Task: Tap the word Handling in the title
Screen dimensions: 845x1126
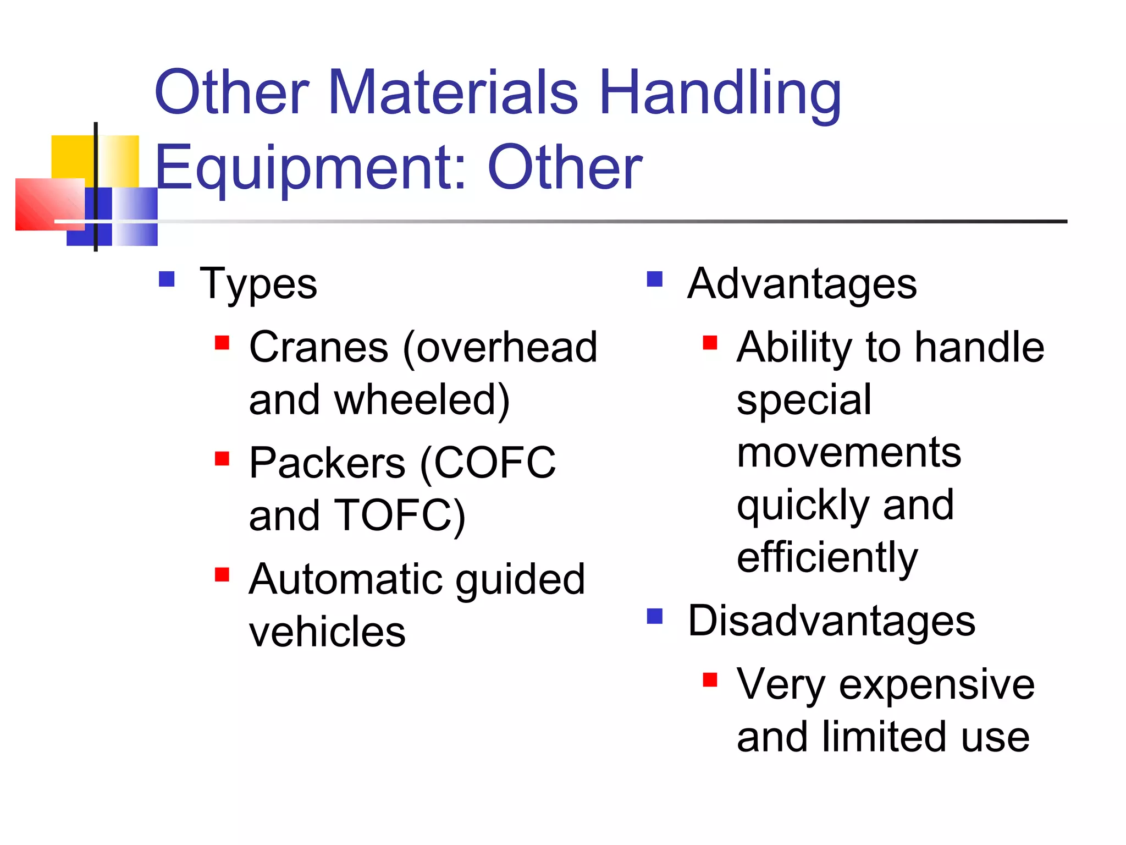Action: [720, 94]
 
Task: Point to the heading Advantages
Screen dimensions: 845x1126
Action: [802, 284]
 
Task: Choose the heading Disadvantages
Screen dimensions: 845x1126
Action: [831, 621]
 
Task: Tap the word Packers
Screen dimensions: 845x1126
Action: [327, 463]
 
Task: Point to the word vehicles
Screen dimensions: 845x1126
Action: [327, 632]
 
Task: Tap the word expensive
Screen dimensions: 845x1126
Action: [937, 685]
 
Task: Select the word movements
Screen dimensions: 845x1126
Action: [849, 453]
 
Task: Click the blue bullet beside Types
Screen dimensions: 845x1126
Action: [167, 279]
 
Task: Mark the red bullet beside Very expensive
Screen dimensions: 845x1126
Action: [710, 681]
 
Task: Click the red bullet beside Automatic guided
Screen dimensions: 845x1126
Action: [222, 575]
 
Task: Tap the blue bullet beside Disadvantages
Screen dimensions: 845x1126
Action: [654, 616]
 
